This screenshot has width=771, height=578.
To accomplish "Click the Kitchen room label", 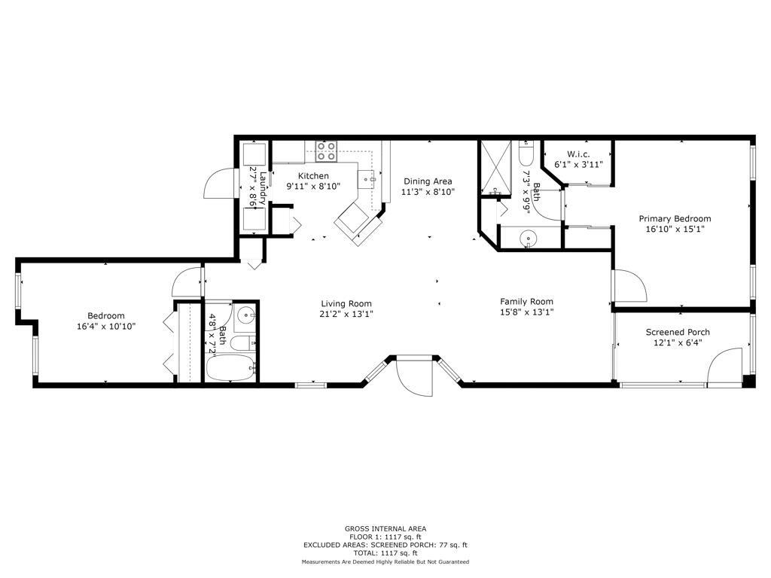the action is coord(313,175).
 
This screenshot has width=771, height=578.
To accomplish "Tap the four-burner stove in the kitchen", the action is coord(326,151).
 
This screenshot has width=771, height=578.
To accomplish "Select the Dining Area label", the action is coord(428,181).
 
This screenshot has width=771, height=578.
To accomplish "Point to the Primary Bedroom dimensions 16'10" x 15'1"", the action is coord(675,229).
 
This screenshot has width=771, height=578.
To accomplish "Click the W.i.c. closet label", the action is coord(578,154).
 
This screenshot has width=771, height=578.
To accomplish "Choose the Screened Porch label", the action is coord(678,332).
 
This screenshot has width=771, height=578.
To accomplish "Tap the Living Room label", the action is coord(346,304).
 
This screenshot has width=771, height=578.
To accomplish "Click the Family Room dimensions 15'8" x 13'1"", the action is coord(526,312).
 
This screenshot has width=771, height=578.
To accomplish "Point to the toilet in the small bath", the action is coord(243,343).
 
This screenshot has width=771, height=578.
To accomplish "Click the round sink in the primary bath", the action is coord(528,239).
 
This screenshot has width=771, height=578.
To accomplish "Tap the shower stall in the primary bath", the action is coord(495,168).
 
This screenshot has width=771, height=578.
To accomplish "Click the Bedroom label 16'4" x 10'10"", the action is coord(105,321).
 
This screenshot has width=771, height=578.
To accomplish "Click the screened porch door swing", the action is coord(724,366).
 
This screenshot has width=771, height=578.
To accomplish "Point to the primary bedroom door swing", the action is coord(629,285).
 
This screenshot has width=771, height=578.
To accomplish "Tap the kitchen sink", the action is coord(367,179).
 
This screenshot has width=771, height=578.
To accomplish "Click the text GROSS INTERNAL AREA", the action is coord(385,529).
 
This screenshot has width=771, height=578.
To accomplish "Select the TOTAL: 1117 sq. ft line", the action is coord(385,553).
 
